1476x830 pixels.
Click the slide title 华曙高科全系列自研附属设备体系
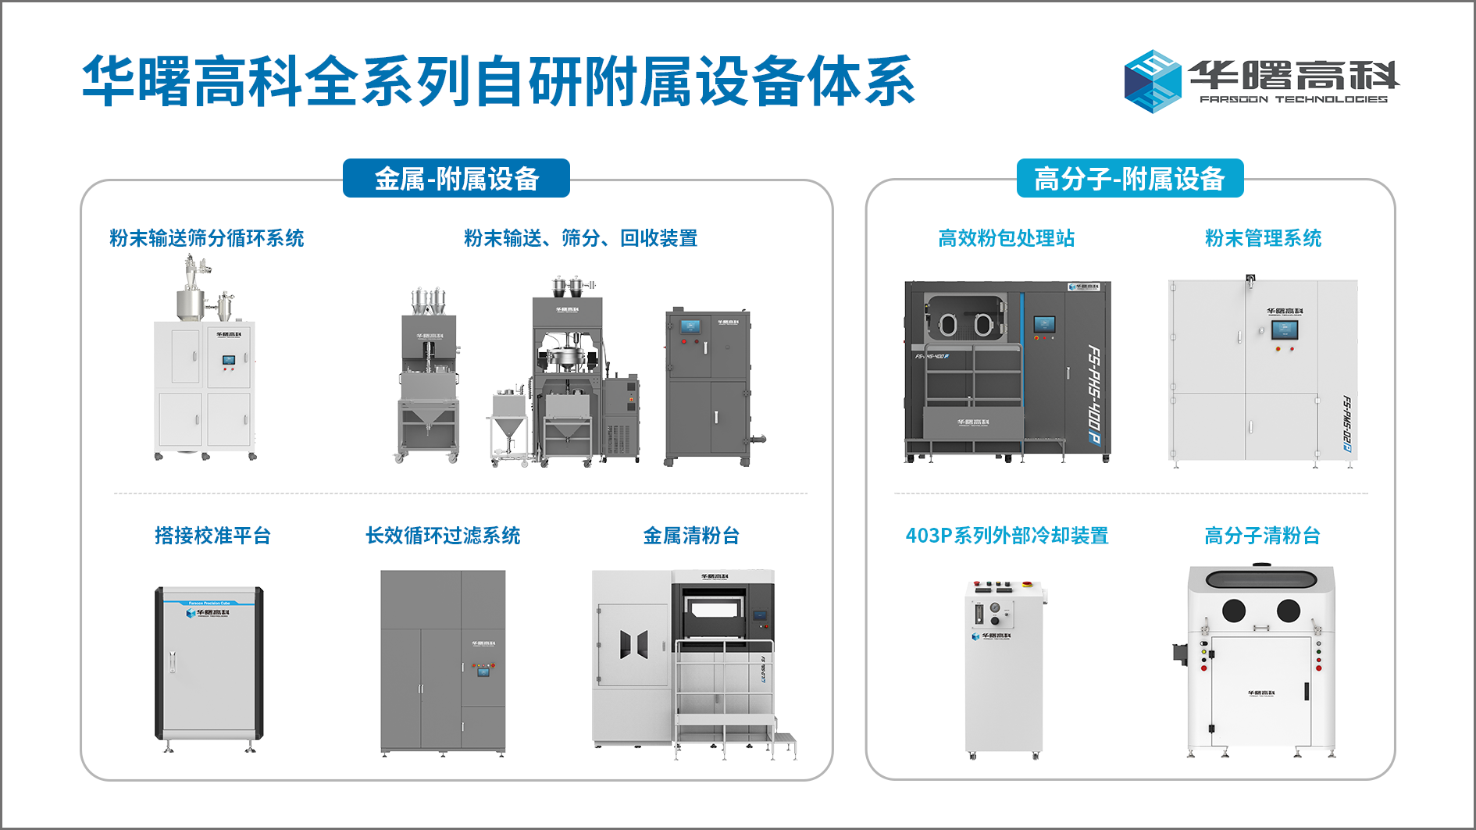pyautogui.click(x=498, y=81)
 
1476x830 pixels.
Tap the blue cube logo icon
pyautogui.click(x=1152, y=81)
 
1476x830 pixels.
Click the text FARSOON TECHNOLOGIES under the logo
pyautogui.click(x=1293, y=100)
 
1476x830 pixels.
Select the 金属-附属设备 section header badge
pyautogui.click(x=456, y=179)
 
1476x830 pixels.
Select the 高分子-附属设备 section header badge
pyautogui.click(x=1129, y=179)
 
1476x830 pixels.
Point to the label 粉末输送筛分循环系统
pyautogui.click(x=207, y=238)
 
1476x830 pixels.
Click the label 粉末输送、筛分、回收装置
pyautogui.click(x=580, y=238)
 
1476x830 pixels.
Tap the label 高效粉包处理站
pyautogui.click(x=1006, y=238)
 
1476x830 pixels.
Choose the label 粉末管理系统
pyautogui.click(x=1263, y=238)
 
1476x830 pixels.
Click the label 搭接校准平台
pyautogui.click(x=212, y=536)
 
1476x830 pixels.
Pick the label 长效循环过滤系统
pyautogui.click(x=443, y=536)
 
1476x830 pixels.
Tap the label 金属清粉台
pyautogui.click(x=691, y=536)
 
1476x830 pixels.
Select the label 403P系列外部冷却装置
pyautogui.click(x=1007, y=536)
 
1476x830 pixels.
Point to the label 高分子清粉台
pyautogui.click(x=1262, y=536)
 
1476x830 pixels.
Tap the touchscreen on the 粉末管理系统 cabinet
pyautogui.click(x=1284, y=330)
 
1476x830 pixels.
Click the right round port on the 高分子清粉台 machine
pyautogui.click(x=1288, y=611)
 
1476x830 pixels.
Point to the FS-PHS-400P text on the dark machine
pyautogui.click(x=1095, y=395)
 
